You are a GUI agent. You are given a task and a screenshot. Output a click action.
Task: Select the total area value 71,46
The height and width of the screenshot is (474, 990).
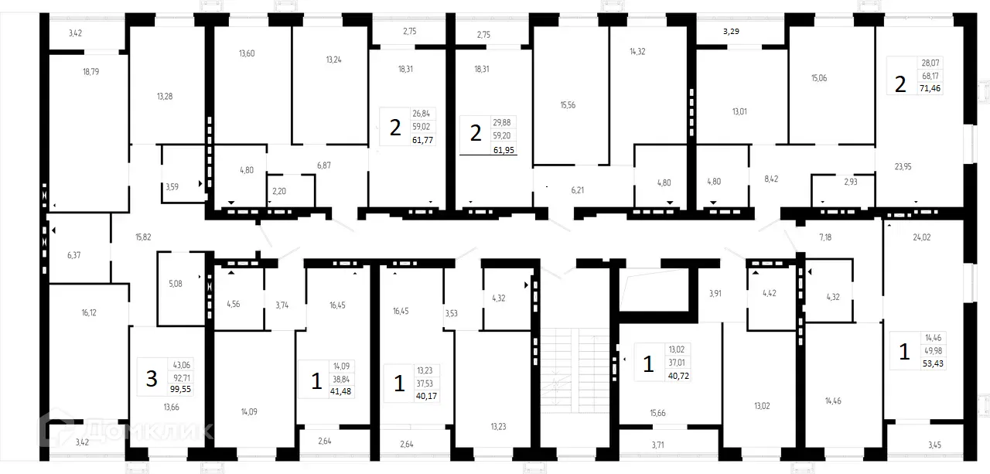pos(930,89)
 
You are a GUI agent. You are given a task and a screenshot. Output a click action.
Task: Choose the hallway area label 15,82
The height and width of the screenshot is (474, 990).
pos(143,237)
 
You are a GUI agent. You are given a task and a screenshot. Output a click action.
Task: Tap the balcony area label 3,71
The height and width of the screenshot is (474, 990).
pos(657,445)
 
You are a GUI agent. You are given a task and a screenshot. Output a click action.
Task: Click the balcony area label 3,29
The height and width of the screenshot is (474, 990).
pos(731,32)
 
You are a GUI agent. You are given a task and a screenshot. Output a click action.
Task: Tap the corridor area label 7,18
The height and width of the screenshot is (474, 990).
pos(827,237)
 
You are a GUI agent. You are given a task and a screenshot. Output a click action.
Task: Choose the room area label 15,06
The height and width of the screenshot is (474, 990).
pos(819,78)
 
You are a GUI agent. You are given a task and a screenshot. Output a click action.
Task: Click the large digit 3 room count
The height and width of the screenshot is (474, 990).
pos(152,378)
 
